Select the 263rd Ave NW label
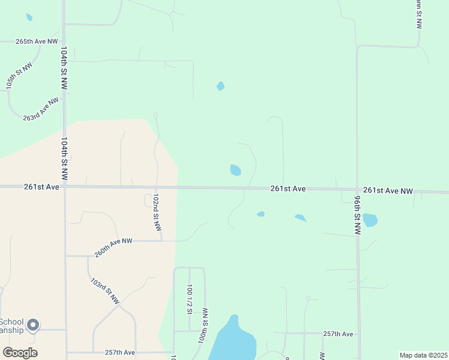(41, 109)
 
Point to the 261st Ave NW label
(388, 190)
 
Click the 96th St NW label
(357, 215)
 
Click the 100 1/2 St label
(190, 299)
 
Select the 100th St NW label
(203, 325)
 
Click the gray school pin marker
(33, 325)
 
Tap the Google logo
(20, 353)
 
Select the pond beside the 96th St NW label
(370, 220)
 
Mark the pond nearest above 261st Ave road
(235, 170)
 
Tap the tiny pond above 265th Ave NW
(29, 17)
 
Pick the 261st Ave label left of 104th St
(41, 187)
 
